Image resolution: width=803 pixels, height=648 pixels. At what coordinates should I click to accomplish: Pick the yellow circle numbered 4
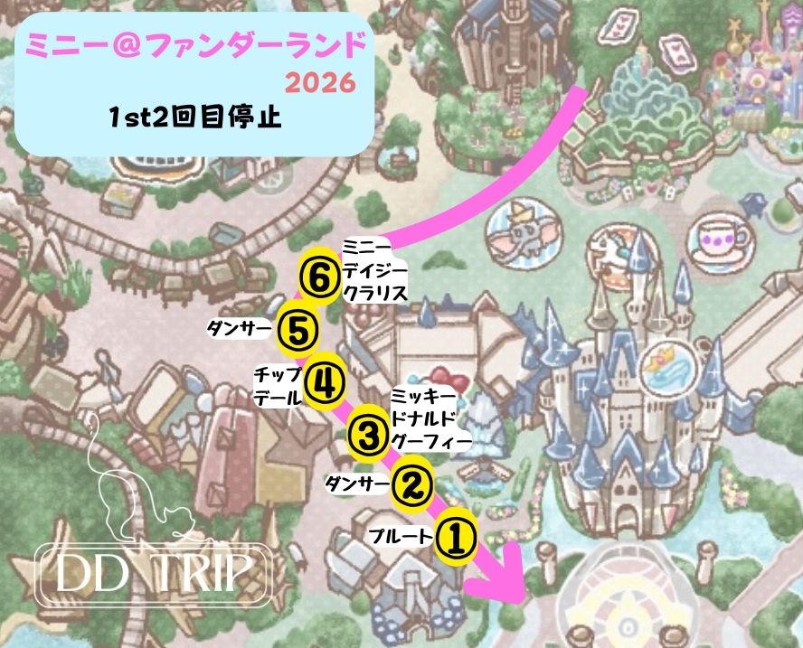point(325,384)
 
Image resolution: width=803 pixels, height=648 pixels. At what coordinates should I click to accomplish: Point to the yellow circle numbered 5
point(297,329)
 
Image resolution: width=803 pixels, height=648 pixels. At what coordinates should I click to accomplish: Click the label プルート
point(400,538)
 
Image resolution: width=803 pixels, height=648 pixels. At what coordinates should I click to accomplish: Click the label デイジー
point(375,270)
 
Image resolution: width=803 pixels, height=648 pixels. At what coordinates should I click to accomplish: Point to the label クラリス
point(375,292)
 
